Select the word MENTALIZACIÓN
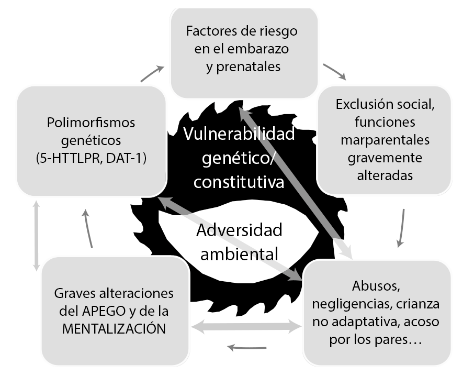pyautogui.click(x=114, y=329)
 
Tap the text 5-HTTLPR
pyautogui.click(x=67, y=158)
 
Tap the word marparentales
pyautogui.click(x=385, y=140)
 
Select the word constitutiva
pyautogui.click(x=239, y=182)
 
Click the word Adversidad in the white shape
pyautogui.click(x=239, y=230)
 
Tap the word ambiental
pyautogui.click(x=239, y=253)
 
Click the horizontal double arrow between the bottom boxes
pyautogui.click(x=246, y=325)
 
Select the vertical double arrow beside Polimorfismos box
pyautogui.click(x=36, y=236)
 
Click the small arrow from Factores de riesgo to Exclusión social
pyautogui.click(x=334, y=72)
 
